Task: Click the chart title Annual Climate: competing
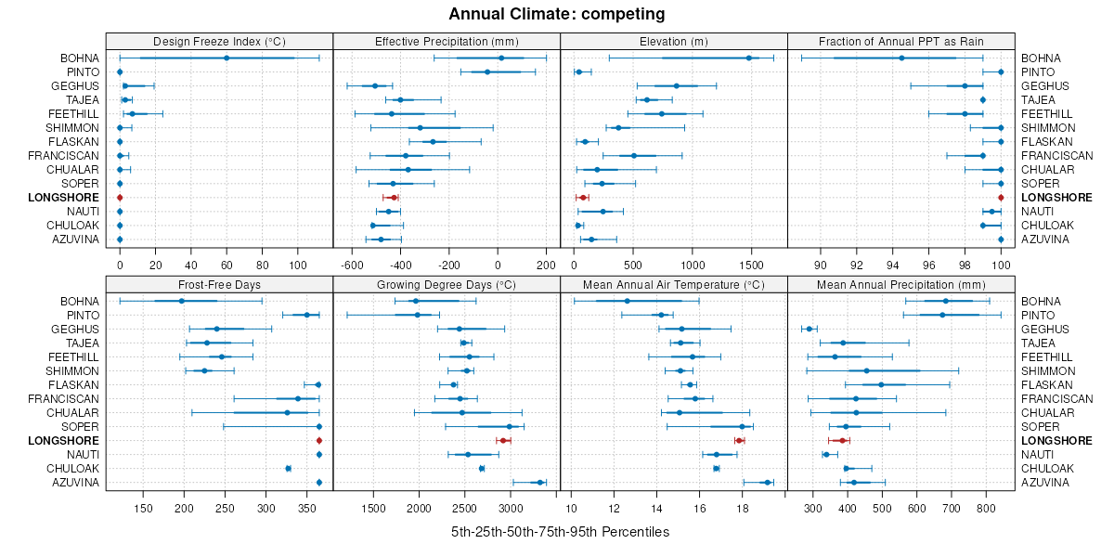[557, 14]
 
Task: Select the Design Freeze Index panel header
[219, 41]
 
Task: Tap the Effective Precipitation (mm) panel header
[447, 41]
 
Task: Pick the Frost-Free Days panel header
[219, 284]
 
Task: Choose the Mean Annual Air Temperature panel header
[674, 284]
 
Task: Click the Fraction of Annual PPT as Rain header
[900, 41]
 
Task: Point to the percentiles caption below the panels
[560, 532]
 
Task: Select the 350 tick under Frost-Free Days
[307, 508]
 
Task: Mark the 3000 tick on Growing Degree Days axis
[511, 508]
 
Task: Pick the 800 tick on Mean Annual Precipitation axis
[986, 508]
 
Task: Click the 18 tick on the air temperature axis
[742, 508]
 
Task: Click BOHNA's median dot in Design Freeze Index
[227, 58]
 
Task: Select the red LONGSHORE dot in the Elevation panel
[583, 197]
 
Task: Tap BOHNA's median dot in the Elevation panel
[748, 58]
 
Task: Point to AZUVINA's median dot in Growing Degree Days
[539, 482]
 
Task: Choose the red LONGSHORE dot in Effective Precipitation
[394, 197]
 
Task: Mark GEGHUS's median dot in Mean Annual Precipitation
[809, 329]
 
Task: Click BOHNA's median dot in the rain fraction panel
[901, 58]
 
